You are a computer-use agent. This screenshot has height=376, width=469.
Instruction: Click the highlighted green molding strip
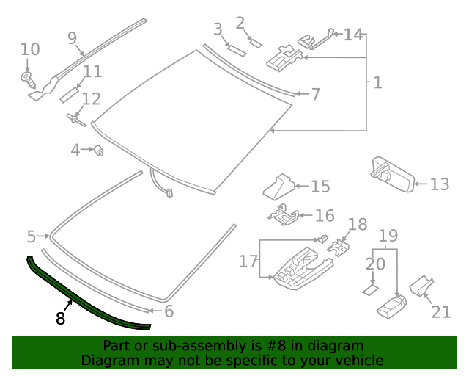coord(81,302)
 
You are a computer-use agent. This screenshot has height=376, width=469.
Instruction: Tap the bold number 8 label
coord(60,318)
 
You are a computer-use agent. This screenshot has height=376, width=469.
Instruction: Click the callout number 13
coord(439,184)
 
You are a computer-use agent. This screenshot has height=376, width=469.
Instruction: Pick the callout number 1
coord(377,82)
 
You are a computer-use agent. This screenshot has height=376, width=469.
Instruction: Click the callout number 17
coord(248,261)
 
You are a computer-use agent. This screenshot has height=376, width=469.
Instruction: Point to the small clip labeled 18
coord(338,247)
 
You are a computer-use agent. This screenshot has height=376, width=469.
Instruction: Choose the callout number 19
coord(388,236)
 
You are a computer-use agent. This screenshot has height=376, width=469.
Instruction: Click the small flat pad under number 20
coord(371,289)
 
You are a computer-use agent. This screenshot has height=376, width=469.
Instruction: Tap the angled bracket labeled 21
coord(421,286)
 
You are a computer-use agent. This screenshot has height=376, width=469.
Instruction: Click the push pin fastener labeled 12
coord(75,117)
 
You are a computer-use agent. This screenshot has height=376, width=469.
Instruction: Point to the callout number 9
coord(72,37)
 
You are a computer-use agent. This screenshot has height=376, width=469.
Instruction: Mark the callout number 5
coord(31,236)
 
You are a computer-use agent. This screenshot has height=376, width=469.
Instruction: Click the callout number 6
coord(169,311)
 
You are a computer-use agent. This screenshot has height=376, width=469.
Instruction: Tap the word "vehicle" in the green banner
coord(356,360)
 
